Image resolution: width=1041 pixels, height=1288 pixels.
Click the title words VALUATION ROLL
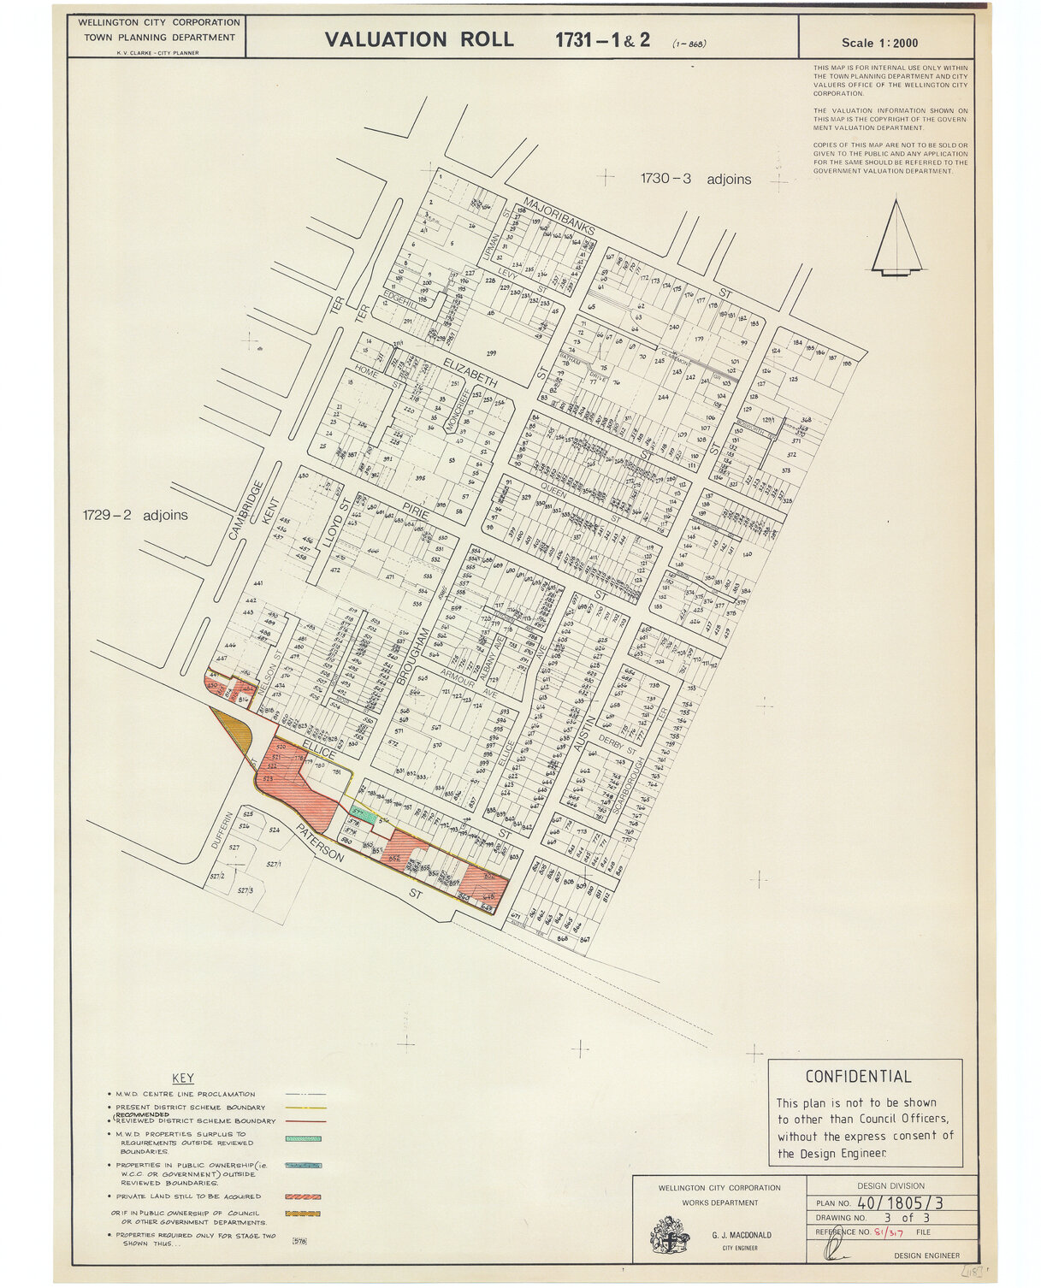pos(419,39)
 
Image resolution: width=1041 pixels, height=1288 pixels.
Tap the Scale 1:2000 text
pos(880,43)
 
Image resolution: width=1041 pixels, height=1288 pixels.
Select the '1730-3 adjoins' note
pos(695,179)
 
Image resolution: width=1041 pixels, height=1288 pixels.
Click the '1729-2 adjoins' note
pos(135,515)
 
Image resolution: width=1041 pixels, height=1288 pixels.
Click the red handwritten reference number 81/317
pos(887,1232)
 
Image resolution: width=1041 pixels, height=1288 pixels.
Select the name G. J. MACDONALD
pos(742,1235)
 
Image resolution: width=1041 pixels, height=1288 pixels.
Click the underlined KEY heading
pos(183,1078)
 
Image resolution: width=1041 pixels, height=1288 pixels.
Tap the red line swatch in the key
pos(305,1120)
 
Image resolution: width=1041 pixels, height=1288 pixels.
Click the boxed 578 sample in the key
pos(300,1241)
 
